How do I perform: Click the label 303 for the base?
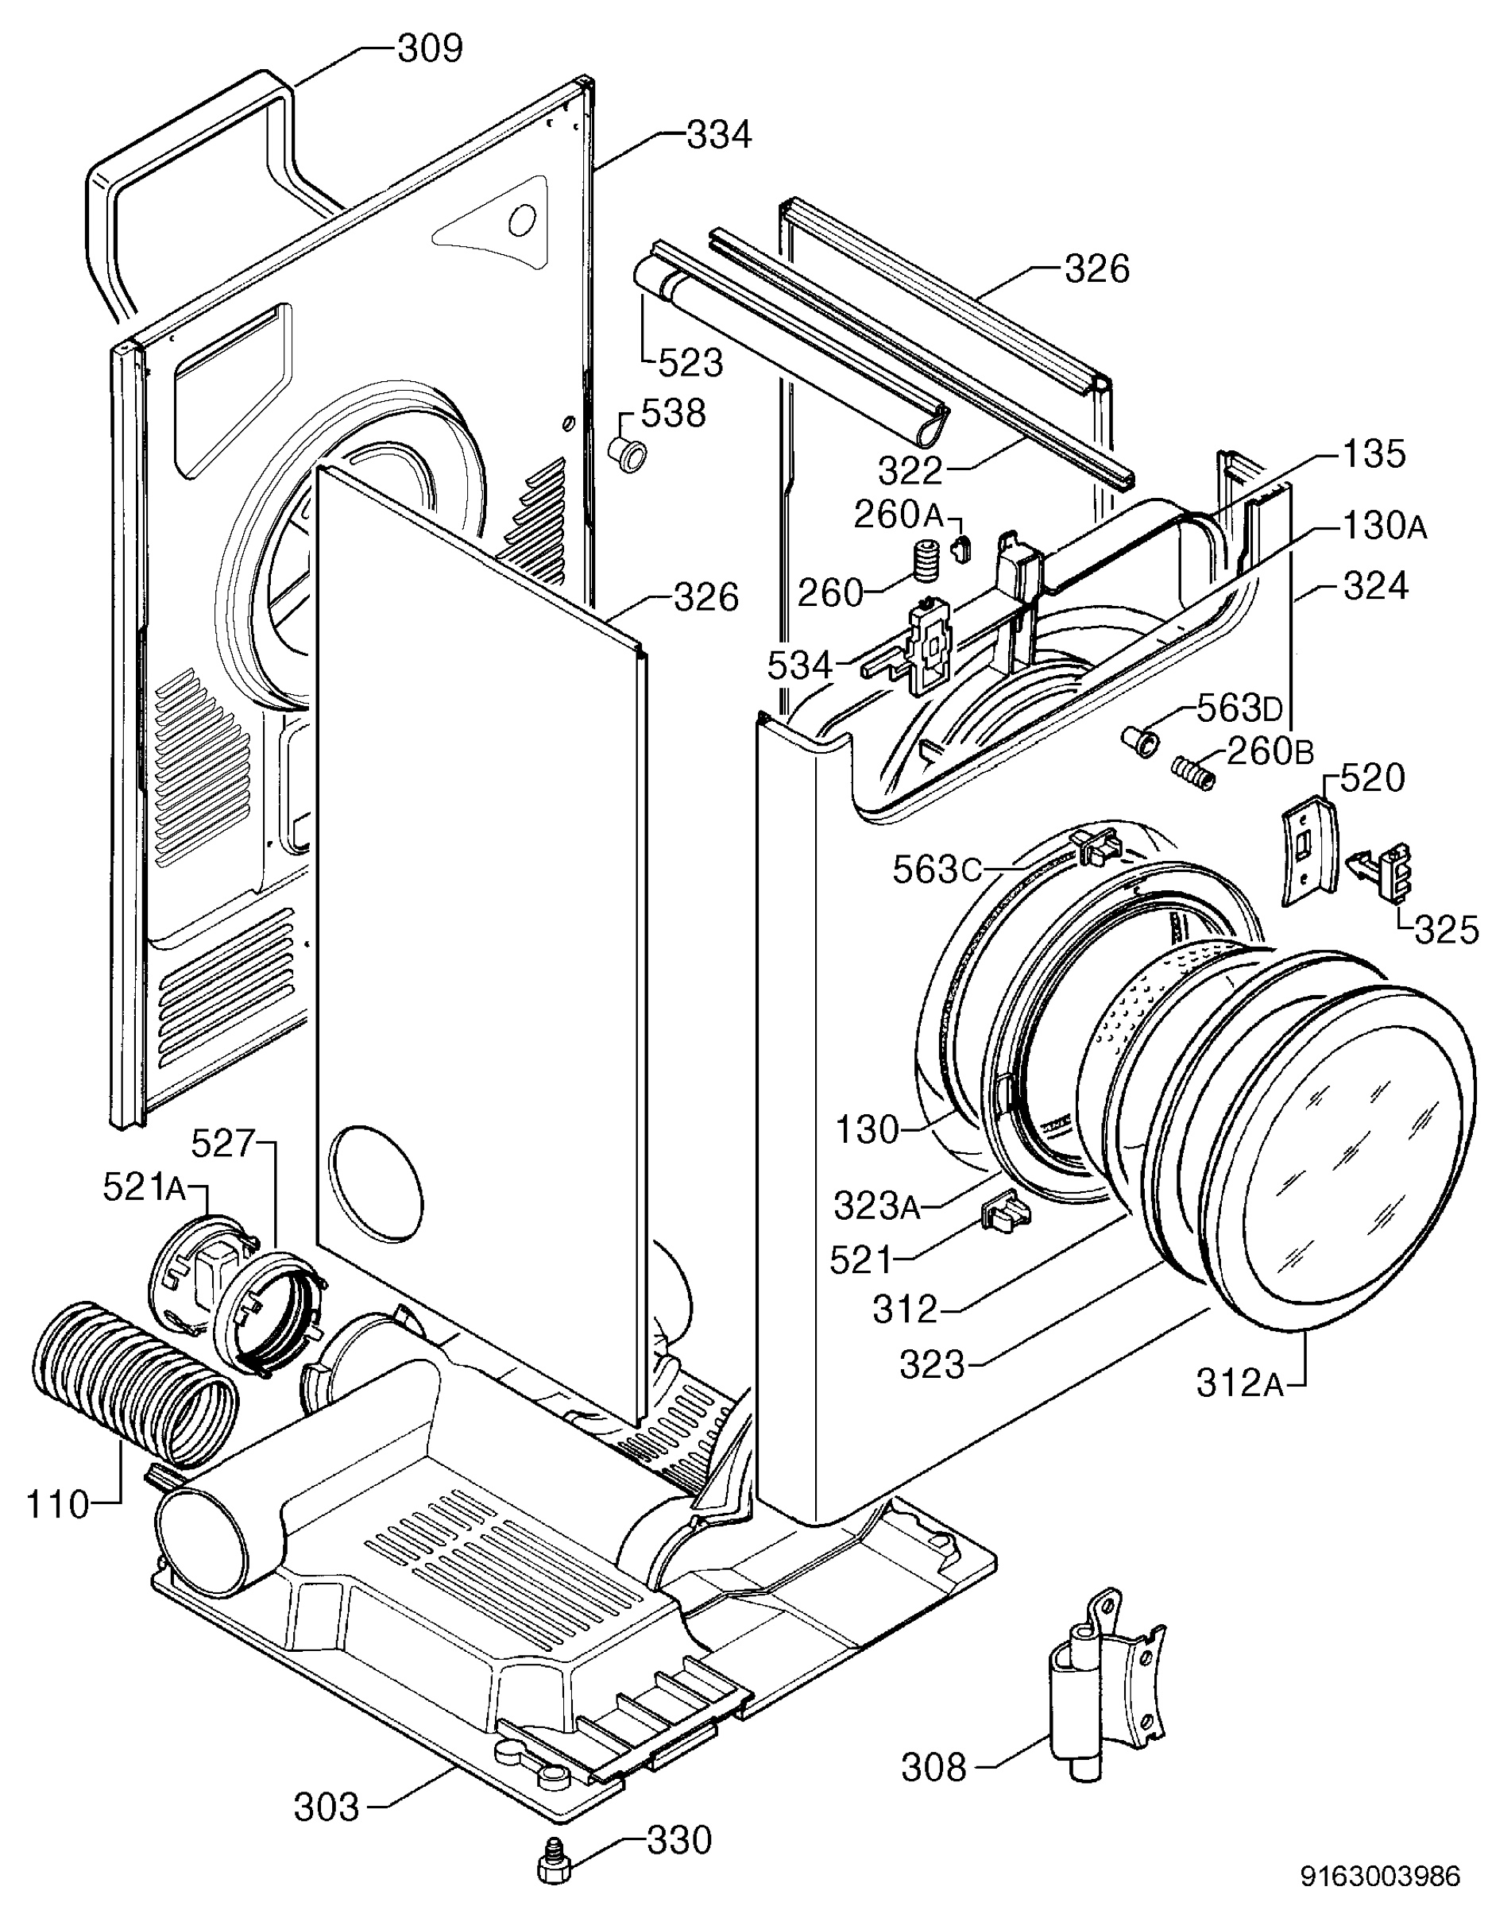tap(327, 1808)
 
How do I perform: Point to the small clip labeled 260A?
tap(963, 550)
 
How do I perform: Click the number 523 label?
tap(690, 362)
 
